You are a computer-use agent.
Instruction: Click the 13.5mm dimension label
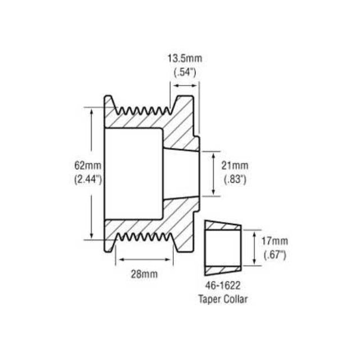184,58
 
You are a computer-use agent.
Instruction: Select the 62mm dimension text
87,166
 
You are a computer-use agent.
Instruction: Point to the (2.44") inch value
87,180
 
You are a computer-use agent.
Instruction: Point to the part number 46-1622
223,286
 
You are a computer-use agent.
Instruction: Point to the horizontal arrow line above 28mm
144,259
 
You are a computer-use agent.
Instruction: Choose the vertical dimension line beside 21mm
214,174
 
